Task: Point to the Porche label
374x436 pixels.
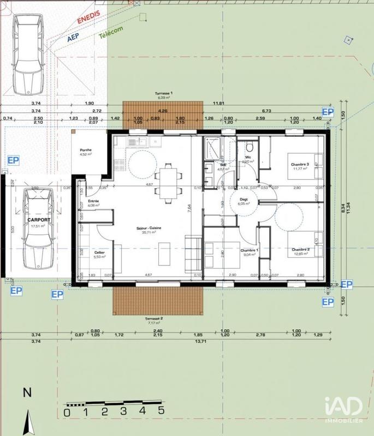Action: [x=86, y=150]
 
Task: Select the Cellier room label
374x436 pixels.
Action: [x=99, y=253]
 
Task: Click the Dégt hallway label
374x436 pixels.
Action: [x=244, y=199]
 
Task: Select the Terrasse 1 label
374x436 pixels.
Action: [x=164, y=94]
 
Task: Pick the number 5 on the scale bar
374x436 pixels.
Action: [x=161, y=411]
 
